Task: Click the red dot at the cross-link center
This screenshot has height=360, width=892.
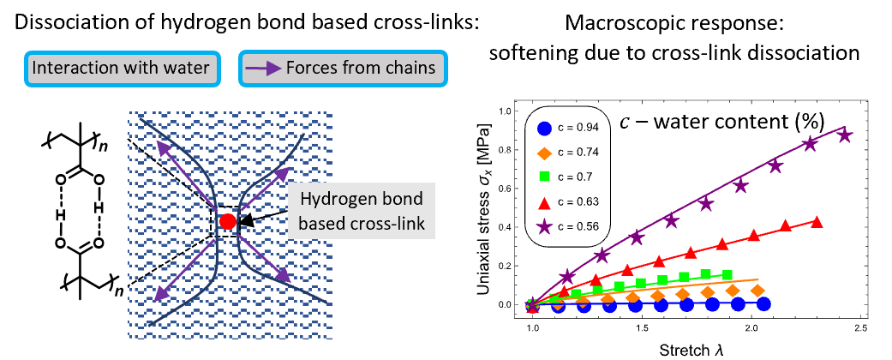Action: pos(227,222)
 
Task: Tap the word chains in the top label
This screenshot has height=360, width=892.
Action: pos(410,68)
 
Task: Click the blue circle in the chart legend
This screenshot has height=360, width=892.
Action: pos(544,129)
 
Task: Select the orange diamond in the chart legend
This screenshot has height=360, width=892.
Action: pos(544,153)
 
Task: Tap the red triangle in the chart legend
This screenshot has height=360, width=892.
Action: pos(544,203)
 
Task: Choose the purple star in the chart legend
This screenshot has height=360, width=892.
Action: pos(544,226)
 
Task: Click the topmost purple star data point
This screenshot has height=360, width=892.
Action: pos(845,135)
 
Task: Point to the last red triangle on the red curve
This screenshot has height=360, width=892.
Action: pos(816,222)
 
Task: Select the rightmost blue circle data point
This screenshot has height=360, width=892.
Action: pos(763,304)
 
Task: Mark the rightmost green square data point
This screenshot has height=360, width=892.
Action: pos(727,275)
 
